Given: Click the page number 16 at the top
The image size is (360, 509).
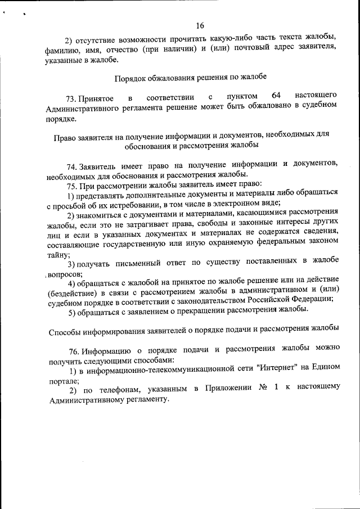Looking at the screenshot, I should [200, 25].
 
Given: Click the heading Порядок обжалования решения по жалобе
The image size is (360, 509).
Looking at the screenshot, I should [191, 78].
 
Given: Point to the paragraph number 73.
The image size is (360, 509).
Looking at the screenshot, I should [72, 99].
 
